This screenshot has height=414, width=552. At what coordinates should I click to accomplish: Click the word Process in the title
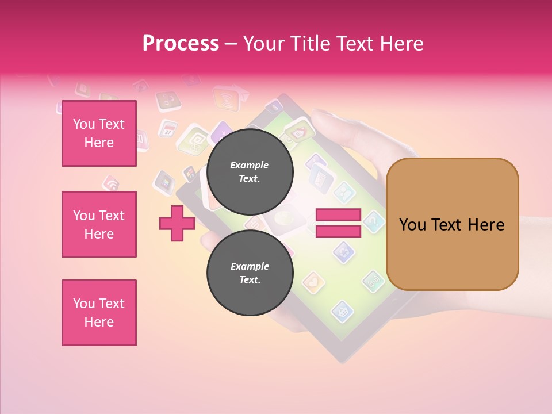[x=181, y=44]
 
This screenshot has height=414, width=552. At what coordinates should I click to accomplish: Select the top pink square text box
[x=99, y=133]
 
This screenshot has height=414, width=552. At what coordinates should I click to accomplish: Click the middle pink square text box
[x=99, y=224]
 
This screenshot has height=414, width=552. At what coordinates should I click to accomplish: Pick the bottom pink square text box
[x=99, y=313]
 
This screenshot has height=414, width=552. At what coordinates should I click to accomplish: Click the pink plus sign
[x=177, y=223]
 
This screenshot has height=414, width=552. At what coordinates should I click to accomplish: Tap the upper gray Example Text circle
[x=250, y=171]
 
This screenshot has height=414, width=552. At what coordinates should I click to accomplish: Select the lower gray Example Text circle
[x=250, y=273]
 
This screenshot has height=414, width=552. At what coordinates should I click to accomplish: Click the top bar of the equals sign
[x=338, y=215]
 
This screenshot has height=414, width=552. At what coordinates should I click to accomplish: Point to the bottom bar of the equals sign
[x=338, y=231]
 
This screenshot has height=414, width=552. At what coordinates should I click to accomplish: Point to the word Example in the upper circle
[x=249, y=165]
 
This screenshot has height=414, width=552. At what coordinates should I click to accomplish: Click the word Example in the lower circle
[x=250, y=266]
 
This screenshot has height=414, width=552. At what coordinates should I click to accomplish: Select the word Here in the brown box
[x=486, y=225]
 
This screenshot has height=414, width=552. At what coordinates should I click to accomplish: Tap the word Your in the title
[x=263, y=44]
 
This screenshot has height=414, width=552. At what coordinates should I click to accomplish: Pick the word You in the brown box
[x=413, y=225]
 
